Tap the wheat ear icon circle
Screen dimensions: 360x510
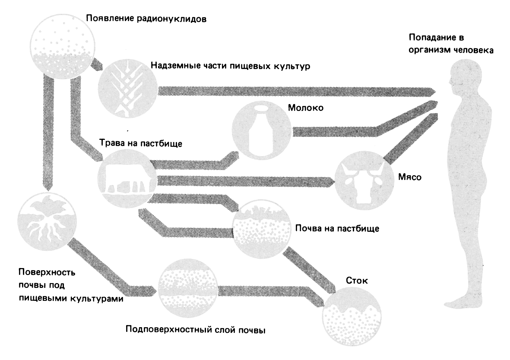[x=126, y=90]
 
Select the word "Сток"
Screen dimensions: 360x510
[x=357, y=281]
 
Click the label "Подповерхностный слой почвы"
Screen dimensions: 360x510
[x=195, y=331]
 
